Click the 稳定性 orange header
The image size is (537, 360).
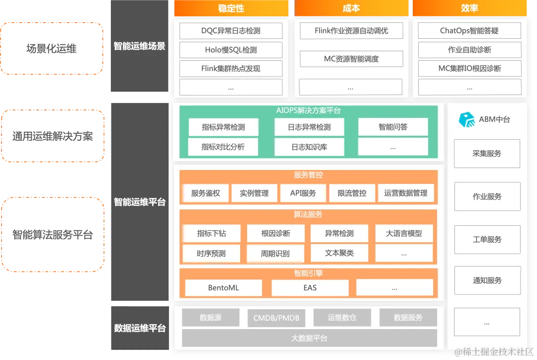pyautogui.click(x=231, y=8)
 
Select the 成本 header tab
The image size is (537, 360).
pyautogui.click(x=351, y=8)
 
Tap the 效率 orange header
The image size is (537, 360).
pyautogui.click(x=469, y=8)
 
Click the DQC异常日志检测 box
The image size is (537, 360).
pyautogui.click(x=231, y=31)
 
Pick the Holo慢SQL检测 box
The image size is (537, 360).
pyautogui.click(x=231, y=50)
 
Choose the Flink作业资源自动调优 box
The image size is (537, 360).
pyautogui.click(x=351, y=31)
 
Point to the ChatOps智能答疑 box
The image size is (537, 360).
pyautogui.click(x=469, y=31)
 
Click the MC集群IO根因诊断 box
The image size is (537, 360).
pyautogui.click(x=469, y=69)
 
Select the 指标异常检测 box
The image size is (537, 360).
pyautogui.click(x=223, y=127)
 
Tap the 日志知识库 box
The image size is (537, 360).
pyautogui.click(x=309, y=147)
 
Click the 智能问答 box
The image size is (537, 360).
pyautogui.click(x=393, y=127)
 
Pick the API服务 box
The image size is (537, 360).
pyautogui.click(x=303, y=193)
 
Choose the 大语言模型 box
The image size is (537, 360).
pyautogui.click(x=404, y=233)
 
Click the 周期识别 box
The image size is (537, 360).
pyautogui.click(x=275, y=254)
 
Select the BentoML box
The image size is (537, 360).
pyautogui.click(x=223, y=288)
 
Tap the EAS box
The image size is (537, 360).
pyautogui.click(x=310, y=288)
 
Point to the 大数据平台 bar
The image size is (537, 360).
pyautogui.click(x=309, y=339)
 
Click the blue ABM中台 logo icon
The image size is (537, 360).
pyautogui.click(x=466, y=120)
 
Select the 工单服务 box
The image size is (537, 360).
pyautogui.click(x=487, y=240)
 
